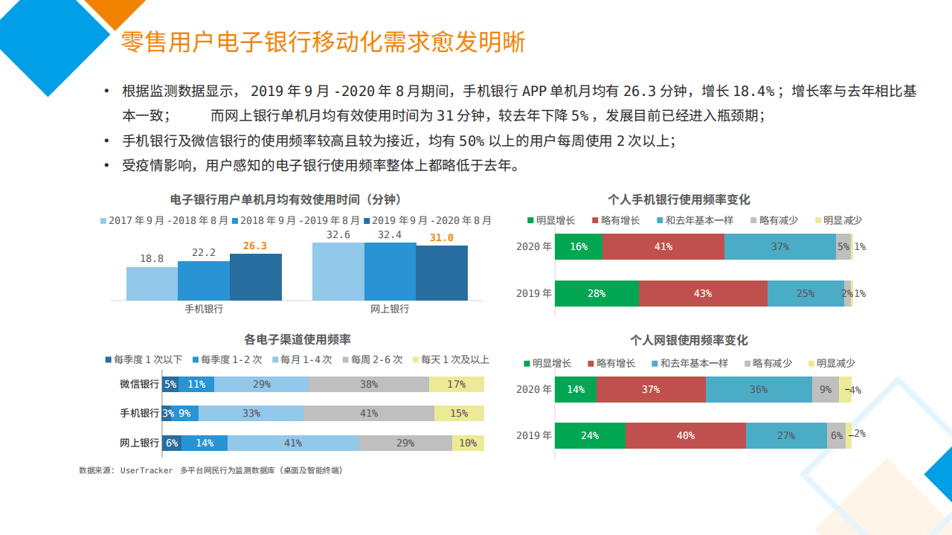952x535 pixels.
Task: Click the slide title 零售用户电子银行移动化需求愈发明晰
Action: click(323, 42)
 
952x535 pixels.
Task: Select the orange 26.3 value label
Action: click(254, 246)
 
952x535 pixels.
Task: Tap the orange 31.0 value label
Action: click(441, 237)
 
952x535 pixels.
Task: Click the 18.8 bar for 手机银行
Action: click(152, 283)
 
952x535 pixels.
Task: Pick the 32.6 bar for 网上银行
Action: click(338, 272)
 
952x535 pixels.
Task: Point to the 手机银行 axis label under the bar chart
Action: click(204, 309)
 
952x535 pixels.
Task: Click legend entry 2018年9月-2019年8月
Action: click(296, 221)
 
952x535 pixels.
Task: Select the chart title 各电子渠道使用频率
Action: click(297, 339)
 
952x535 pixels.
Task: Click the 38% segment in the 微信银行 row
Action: click(369, 385)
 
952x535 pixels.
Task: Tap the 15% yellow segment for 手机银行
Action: click(459, 414)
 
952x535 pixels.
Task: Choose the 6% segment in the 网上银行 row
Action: click(172, 443)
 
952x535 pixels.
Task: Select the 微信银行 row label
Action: click(140, 385)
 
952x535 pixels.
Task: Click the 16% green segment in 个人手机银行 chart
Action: click(579, 247)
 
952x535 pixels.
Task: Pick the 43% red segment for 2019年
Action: click(703, 294)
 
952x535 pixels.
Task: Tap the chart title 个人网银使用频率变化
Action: click(689, 340)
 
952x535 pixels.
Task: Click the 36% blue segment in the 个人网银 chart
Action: click(759, 390)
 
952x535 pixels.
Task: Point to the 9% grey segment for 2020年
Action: click(826, 390)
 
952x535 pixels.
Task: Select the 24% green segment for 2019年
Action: click(590, 436)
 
